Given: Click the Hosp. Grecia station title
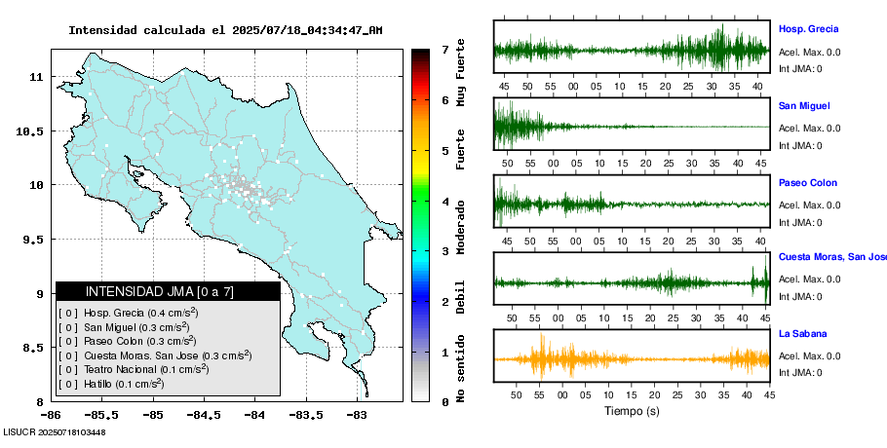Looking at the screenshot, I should coord(808,28).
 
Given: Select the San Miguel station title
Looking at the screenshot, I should coord(804,105).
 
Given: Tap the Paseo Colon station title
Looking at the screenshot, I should coord(807,183).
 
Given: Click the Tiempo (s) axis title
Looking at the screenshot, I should coord(631,411).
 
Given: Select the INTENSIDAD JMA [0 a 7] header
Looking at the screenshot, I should coord(167,291).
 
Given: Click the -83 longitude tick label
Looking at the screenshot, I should coord(357,415).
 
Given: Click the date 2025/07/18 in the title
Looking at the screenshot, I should coord(265,30).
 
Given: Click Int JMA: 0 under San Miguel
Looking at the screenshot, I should coord(799,146).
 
